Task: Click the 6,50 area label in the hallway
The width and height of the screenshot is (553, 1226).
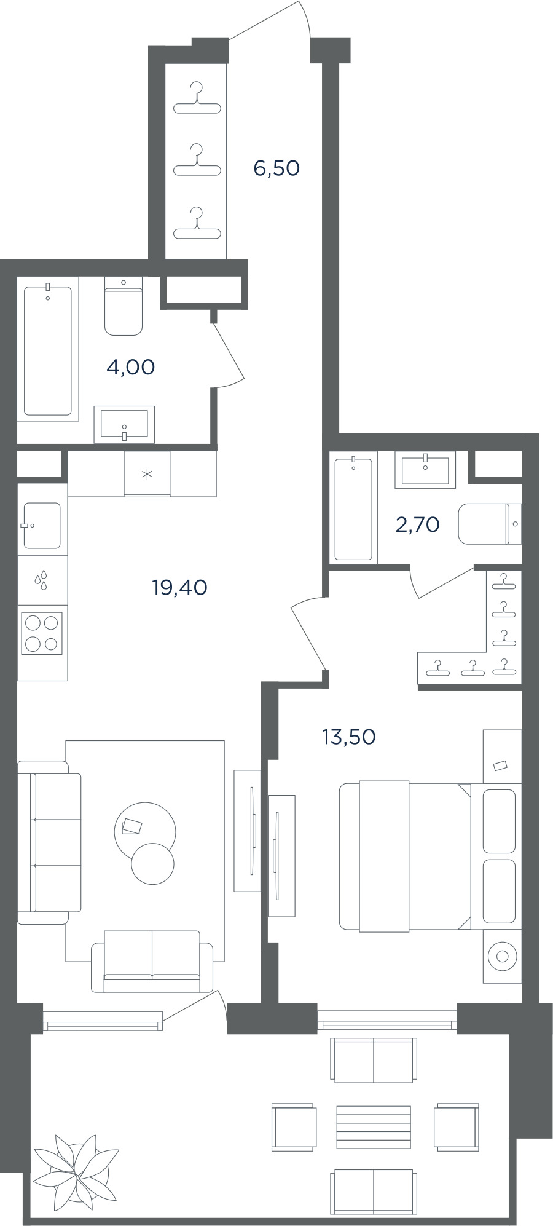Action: (x=276, y=167)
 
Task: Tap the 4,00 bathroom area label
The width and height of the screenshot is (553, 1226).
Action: (x=130, y=367)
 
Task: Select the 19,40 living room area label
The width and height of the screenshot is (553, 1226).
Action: (x=179, y=588)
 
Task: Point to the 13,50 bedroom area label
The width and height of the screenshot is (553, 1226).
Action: (x=348, y=736)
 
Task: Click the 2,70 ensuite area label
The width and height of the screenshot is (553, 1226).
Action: (x=417, y=524)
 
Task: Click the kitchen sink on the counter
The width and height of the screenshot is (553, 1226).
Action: (x=42, y=526)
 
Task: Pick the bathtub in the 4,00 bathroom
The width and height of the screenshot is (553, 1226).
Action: (x=48, y=349)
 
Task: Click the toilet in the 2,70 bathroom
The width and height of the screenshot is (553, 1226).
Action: (x=490, y=524)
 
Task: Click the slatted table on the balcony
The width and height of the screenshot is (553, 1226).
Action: (x=374, y=1127)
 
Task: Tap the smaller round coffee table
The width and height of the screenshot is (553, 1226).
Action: (x=152, y=864)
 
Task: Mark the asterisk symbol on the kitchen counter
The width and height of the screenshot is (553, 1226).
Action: (x=147, y=474)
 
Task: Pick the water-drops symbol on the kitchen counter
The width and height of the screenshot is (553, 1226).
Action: (x=41, y=580)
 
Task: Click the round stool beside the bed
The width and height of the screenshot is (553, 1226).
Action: (x=502, y=956)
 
